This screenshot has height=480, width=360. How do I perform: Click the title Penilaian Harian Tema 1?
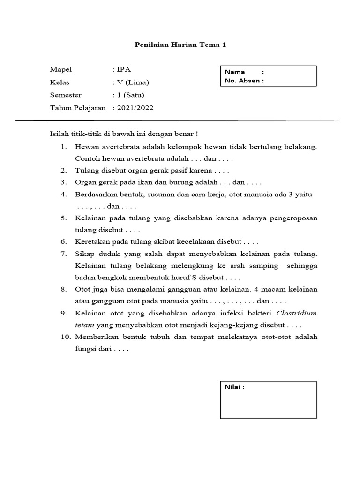(x=180, y=45)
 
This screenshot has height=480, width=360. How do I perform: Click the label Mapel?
(x=61, y=70)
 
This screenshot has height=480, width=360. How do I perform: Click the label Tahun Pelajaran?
(x=78, y=108)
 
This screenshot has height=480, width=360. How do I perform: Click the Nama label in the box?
(x=235, y=72)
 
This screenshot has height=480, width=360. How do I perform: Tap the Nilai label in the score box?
(x=234, y=387)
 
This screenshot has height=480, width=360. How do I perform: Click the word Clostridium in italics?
(x=297, y=313)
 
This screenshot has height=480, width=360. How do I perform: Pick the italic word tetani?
(x=84, y=325)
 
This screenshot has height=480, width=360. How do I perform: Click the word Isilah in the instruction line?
(x=60, y=134)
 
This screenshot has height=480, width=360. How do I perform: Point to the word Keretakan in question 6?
(x=91, y=242)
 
